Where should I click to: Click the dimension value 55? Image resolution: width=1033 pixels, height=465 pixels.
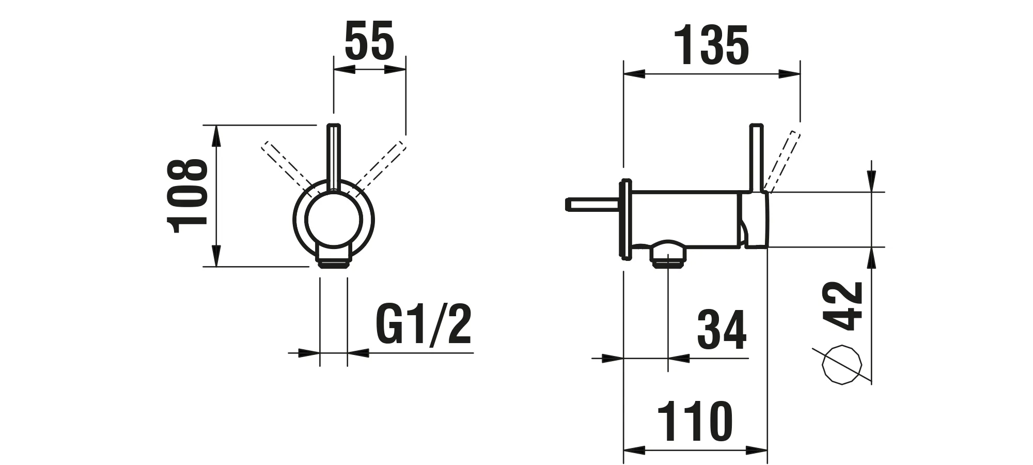[x=369, y=41]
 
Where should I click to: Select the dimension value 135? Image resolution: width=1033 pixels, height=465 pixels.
[x=712, y=46]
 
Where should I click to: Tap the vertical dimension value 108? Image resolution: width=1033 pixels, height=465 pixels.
[x=187, y=196]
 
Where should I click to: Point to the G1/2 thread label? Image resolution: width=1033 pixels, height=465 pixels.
[x=424, y=326]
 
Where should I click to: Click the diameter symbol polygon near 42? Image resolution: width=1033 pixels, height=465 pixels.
[x=842, y=365]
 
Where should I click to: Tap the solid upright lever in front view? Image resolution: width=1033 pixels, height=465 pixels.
[x=334, y=158]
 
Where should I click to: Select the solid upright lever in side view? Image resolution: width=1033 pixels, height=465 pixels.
[x=757, y=158]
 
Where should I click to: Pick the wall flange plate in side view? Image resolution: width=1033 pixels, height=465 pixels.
[x=625, y=219]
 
